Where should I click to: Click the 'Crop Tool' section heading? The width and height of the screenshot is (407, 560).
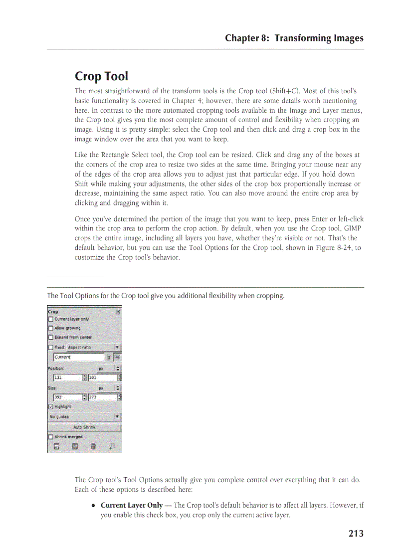[x=101, y=76]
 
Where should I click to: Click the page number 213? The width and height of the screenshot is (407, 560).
[x=356, y=534]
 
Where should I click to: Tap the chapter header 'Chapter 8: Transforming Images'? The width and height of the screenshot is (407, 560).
[x=294, y=38]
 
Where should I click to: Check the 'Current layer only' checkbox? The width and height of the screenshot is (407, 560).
[x=50, y=319]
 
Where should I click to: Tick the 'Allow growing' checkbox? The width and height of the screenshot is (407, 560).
[x=50, y=328]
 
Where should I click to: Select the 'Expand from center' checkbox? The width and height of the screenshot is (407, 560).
[x=50, y=337]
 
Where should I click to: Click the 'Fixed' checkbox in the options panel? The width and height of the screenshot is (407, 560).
[x=50, y=347]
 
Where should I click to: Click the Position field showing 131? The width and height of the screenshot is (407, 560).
[x=67, y=377]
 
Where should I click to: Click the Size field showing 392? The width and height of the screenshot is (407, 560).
[x=67, y=397]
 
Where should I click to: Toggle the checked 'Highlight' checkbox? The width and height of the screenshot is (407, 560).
[x=50, y=406]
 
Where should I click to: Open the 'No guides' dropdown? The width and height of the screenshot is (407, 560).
[x=84, y=416]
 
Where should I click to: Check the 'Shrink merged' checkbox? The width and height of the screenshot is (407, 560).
[x=50, y=437]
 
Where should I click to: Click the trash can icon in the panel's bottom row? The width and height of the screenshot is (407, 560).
[x=93, y=446]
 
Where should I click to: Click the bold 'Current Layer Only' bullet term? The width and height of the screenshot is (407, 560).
[x=132, y=505]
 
